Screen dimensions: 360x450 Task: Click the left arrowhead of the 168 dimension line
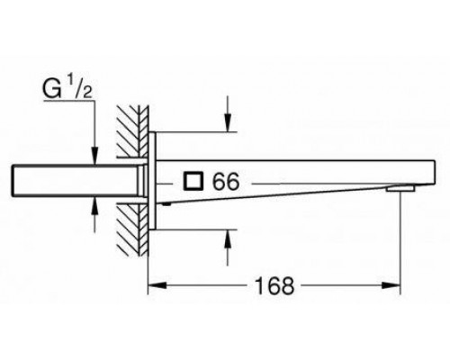(x=152, y=286)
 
